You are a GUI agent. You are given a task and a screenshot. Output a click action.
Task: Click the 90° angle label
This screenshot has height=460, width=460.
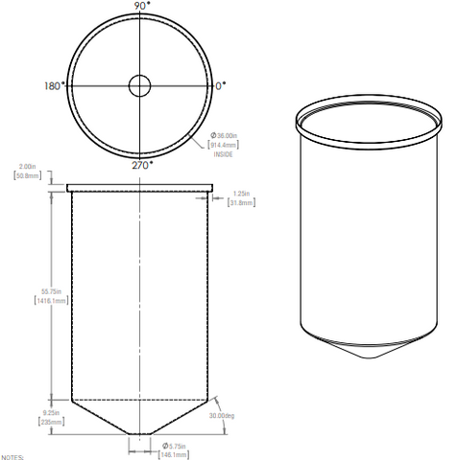pos(141,6)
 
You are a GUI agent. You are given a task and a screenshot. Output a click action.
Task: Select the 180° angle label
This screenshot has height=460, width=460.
pos(55,85)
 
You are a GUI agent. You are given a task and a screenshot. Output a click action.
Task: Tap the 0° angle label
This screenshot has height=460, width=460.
pos(221,85)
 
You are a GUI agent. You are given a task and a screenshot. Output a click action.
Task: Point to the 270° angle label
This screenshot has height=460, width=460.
pos(141,164)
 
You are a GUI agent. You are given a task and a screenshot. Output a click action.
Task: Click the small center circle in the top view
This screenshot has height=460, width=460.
pos(141,85)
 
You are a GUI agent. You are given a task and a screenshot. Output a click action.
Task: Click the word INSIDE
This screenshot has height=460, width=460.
pos(223,154)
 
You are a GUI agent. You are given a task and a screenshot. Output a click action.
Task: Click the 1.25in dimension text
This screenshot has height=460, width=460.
pos(243,193)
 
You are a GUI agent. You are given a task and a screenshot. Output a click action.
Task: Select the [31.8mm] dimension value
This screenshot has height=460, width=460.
pos(242,202)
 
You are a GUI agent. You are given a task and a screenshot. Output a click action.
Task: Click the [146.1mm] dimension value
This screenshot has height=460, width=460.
pos(174,455)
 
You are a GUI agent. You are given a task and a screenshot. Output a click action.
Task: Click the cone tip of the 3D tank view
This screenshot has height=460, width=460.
pos(371,358)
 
